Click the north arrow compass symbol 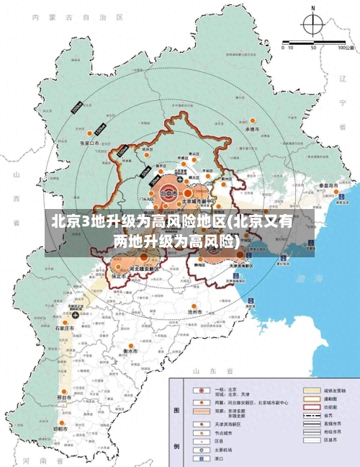313,26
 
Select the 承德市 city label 251,128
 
